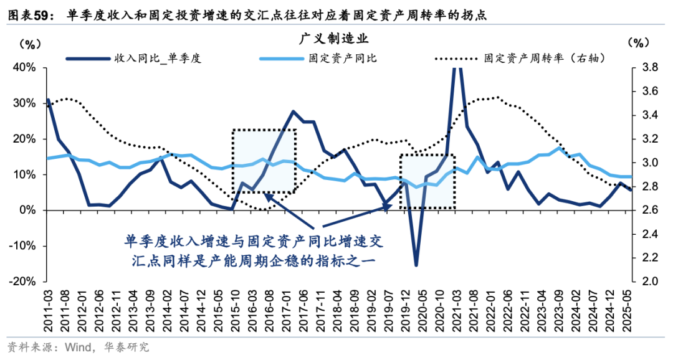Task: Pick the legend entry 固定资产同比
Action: pos(342,59)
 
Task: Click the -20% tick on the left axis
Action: pos(24,282)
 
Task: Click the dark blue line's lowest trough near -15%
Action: pos(416,265)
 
